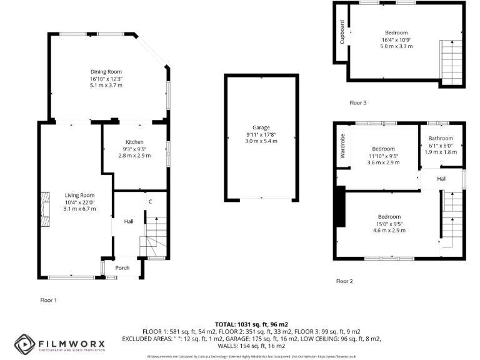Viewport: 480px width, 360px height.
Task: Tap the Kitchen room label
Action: pyautogui.click(x=134, y=142)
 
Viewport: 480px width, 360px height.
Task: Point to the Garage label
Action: pyautogui.click(x=261, y=126)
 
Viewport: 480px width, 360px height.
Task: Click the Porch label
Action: pyautogui.click(x=122, y=268)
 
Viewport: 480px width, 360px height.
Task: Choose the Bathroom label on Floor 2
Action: pyautogui.click(x=441, y=138)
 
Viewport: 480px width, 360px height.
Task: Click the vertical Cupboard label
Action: pyautogui.click(x=342, y=32)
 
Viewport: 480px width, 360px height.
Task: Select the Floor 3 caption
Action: pyautogui.click(x=358, y=102)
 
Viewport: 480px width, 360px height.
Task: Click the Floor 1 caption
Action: pyautogui.click(x=49, y=300)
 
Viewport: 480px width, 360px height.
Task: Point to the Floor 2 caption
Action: pyautogui.click(x=344, y=281)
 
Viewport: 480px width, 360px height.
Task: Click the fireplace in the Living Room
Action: pyautogui.click(x=44, y=210)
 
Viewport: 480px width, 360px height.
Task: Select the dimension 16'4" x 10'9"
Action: pyautogui.click(x=396, y=40)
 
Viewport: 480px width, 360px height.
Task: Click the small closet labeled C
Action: pyautogui.click(x=150, y=201)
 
